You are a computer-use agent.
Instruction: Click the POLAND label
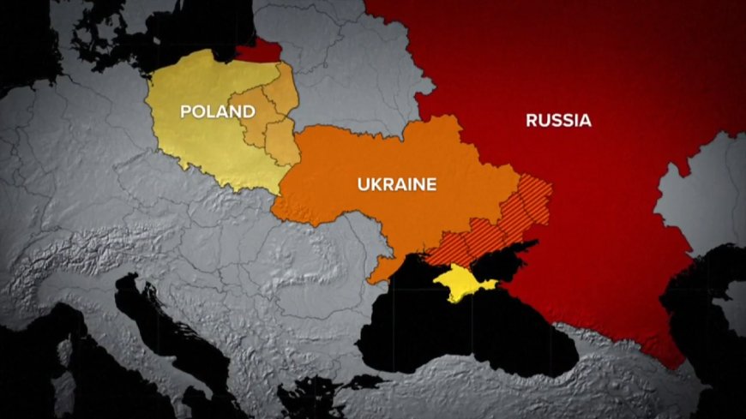tap(217, 111)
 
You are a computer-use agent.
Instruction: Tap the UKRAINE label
tap(397, 183)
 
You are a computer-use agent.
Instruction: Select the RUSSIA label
tap(558, 121)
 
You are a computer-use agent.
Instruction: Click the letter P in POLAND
tap(184, 111)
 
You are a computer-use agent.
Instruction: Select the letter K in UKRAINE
tap(374, 183)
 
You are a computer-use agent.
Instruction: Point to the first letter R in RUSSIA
tap(532, 121)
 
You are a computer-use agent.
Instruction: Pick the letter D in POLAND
tap(250, 111)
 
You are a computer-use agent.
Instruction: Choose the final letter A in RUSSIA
tap(586, 121)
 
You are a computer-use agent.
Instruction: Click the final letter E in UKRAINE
tap(431, 183)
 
